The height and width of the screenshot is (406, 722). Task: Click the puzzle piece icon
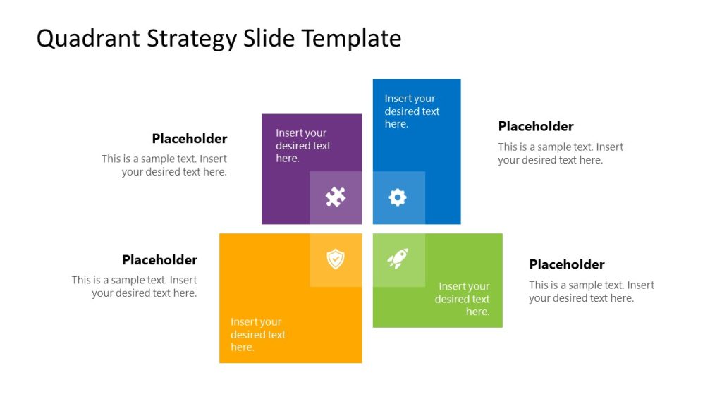coord(336,197)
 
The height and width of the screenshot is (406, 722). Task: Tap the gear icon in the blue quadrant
coord(398,197)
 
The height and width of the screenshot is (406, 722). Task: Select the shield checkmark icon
coord(336,259)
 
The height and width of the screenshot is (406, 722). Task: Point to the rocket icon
coord(398,259)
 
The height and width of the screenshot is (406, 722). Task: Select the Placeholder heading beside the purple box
coord(190,139)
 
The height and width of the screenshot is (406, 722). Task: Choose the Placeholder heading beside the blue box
coord(536,126)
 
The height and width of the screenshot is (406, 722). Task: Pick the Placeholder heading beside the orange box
coord(159,260)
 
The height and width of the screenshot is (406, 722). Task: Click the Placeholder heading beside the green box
coord(567,264)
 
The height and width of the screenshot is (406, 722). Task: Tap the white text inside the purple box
coord(302,146)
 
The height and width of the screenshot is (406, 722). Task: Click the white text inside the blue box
coord(412,111)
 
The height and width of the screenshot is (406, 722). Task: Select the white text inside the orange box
coord(257,335)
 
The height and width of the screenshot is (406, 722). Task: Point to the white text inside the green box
coord(463,299)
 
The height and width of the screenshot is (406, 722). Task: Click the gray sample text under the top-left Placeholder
coord(165,166)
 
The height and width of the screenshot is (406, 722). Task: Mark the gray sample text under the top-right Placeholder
coord(561,154)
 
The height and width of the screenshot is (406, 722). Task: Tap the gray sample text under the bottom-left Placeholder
coord(135,287)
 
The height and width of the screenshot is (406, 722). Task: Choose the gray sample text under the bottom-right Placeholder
coord(591,292)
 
